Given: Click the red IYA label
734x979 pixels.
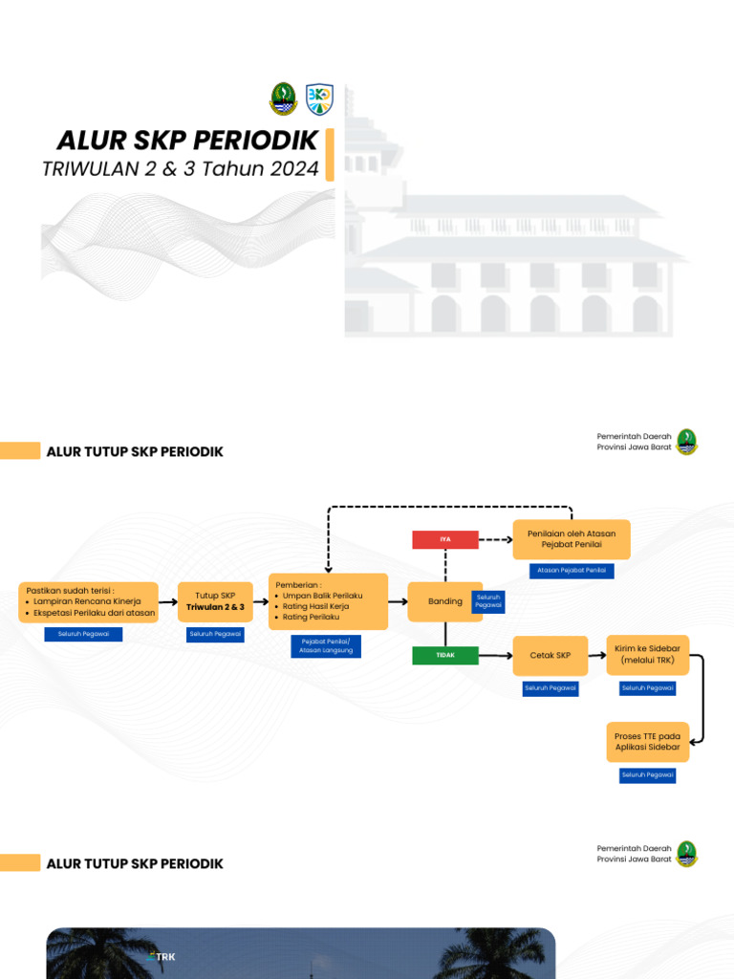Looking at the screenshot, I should [x=444, y=539].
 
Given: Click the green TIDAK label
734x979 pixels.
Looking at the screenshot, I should [x=444, y=656].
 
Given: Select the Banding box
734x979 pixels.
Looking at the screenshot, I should [x=444, y=601].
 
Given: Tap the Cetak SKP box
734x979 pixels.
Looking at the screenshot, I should [x=550, y=656].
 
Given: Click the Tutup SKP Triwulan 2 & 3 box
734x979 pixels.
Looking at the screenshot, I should [x=215, y=601].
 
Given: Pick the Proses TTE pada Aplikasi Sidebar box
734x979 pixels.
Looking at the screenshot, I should [x=647, y=741].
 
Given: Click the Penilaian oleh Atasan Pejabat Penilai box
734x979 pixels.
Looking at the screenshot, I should [x=572, y=538].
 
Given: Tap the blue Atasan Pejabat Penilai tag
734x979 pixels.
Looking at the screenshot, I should [x=572, y=571].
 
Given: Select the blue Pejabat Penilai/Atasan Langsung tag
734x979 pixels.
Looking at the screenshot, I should [x=326, y=646].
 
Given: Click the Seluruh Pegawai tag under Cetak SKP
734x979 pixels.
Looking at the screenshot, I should [x=550, y=687].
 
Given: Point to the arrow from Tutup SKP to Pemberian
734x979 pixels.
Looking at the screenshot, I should [x=261, y=601].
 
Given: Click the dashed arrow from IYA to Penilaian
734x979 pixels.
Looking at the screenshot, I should [x=495, y=539].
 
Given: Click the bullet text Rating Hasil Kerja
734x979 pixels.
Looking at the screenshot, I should [x=315, y=606].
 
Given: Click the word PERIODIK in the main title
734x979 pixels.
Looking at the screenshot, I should [x=255, y=141].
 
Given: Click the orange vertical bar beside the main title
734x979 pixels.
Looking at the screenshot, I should [x=330, y=155].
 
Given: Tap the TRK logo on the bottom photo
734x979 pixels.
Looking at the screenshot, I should [x=163, y=956].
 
